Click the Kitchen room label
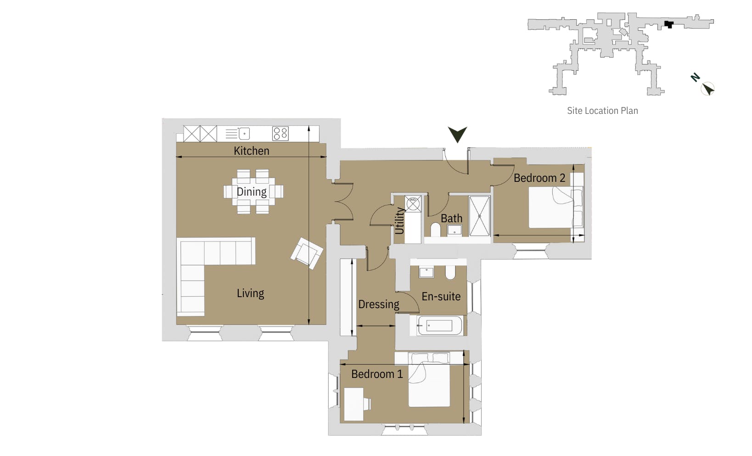click(x=251, y=151)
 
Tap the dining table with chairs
click(x=253, y=191)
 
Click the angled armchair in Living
click(x=306, y=253)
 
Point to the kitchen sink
click(x=244, y=134)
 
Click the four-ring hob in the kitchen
click(x=280, y=134)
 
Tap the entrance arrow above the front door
click(x=457, y=134)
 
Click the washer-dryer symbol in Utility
click(x=413, y=203)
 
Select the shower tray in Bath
click(x=479, y=216)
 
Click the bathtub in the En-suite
click(x=439, y=326)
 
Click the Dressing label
click(x=378, y=304)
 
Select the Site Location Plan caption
click(x=602, y=111)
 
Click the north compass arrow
click(x=708, y=88)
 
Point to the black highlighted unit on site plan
click(x=669, y=24)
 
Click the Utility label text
click(x=399, y=220)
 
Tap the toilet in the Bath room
click(x=435, y=229)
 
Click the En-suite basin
click(x=427, y=272)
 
